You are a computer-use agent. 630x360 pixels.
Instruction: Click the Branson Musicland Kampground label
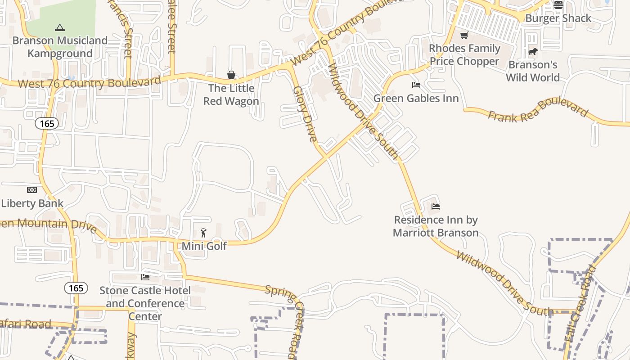coord(60,47)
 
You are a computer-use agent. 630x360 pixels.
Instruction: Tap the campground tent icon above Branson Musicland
coord(60,28)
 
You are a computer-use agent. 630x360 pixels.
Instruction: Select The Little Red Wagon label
coord(231,94)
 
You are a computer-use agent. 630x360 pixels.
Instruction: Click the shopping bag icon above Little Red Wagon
coord(231,75)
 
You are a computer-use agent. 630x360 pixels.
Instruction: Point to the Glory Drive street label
coord(306,114)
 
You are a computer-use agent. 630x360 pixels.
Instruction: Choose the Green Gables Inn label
coord(416,98)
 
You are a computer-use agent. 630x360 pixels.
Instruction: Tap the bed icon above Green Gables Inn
coord(416,85)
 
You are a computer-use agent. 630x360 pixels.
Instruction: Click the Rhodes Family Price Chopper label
coord(464,54)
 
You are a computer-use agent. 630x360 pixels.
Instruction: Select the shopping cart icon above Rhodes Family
coord(464,35)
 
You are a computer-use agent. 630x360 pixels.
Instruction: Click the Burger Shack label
coord(558,18)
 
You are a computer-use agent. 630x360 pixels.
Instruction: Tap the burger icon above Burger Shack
coord(558,5)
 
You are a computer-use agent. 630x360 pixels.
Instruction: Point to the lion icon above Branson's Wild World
coord(533,52)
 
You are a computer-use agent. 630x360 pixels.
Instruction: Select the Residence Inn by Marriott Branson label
coord(436,226)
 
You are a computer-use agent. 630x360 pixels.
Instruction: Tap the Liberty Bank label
coord(32,203)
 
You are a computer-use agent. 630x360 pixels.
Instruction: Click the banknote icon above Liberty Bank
coord(32,190)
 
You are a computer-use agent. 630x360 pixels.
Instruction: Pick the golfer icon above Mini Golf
coord(204,233)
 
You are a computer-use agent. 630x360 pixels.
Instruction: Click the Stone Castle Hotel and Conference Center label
coord(145,303)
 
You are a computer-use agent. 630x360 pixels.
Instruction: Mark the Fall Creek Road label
coord(580,310)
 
